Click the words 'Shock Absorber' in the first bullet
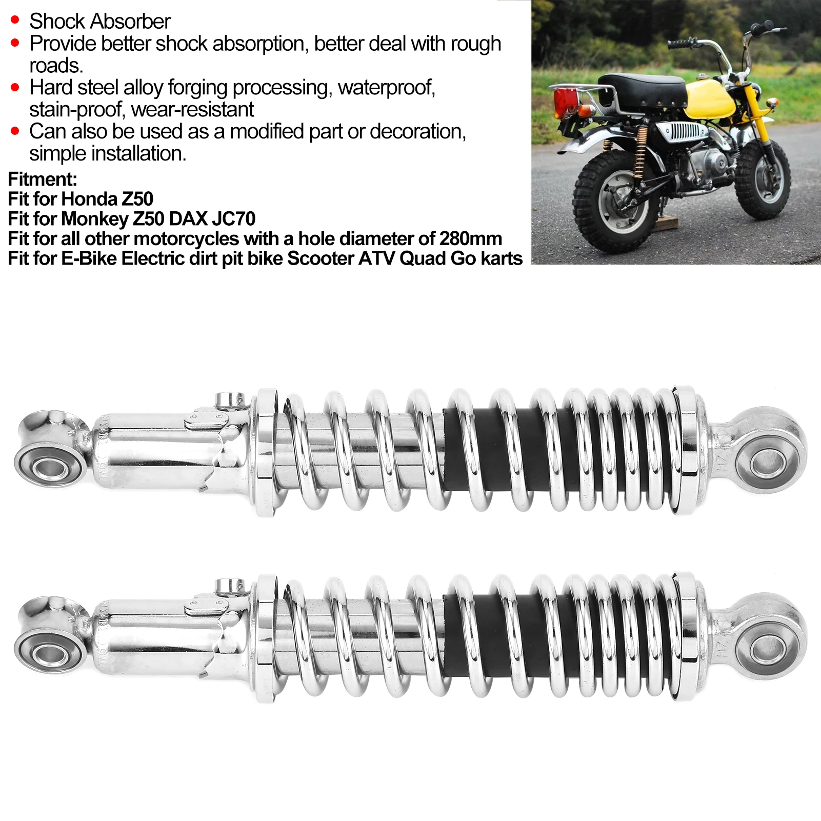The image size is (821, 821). click(99, 22)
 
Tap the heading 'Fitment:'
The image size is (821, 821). click(42, 179)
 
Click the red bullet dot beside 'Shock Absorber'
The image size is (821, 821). click(15, 21)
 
